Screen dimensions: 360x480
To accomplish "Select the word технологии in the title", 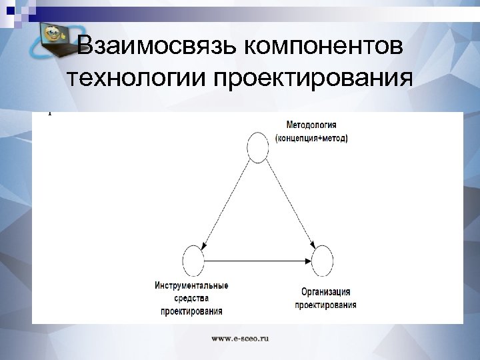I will coord(136,79).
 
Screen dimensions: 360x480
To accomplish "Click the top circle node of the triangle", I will coord(258,147).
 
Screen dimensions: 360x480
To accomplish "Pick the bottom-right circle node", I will coord(323,260).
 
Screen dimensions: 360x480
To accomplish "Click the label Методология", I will coord(311,125).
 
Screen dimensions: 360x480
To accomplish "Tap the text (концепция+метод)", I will coord(311,138).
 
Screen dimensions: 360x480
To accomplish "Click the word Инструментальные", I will coord(191,286).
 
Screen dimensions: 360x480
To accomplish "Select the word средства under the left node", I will coord(191,298).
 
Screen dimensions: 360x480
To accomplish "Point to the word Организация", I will coord(325,292).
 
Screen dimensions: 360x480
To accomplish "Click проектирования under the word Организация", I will coord(325,305).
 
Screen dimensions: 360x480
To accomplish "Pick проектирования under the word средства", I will coord(191,311).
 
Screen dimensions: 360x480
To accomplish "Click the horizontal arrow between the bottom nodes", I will coord(257,260).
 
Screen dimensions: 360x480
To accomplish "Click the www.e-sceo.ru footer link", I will coord(240,339).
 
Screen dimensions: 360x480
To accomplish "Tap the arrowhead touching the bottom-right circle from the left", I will coord(308,260).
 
